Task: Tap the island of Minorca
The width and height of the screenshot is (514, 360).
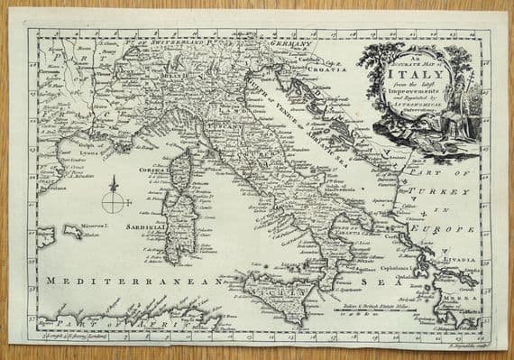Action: click(x=72, y=233)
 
